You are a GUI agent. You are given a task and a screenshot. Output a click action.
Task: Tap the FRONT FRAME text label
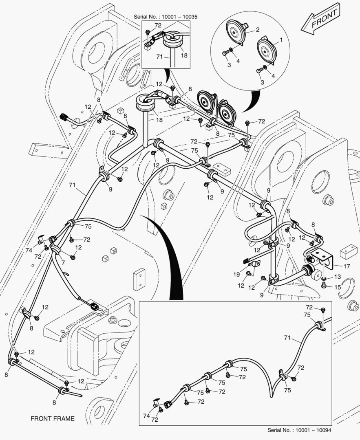point(53,418)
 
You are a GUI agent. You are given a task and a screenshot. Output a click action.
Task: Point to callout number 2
point(258,30)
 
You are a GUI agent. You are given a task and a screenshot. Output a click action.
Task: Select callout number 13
point(338,277)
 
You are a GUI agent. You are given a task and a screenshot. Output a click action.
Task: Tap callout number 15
point(338,287)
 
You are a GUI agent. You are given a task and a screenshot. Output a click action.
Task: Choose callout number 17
point(346,267)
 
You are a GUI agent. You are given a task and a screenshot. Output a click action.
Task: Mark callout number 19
point(237,275)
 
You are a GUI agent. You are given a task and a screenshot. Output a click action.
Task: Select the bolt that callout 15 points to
point(324,286)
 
